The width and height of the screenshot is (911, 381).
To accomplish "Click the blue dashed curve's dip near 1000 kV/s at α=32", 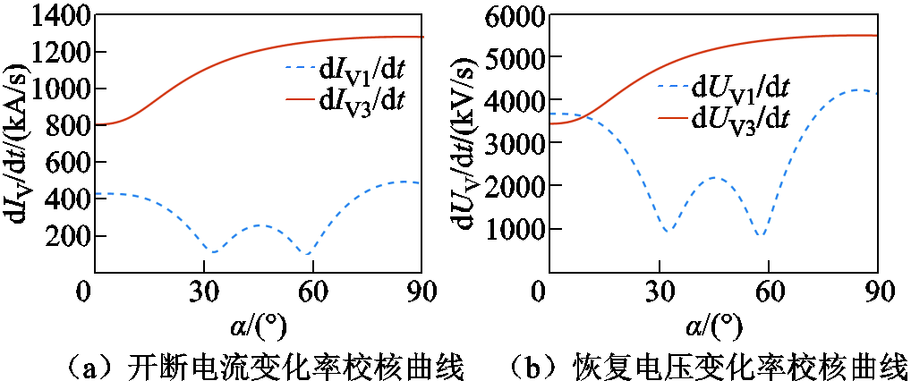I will click(668, 232).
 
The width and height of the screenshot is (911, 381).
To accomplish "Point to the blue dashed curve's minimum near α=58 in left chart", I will click(307, 255).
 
